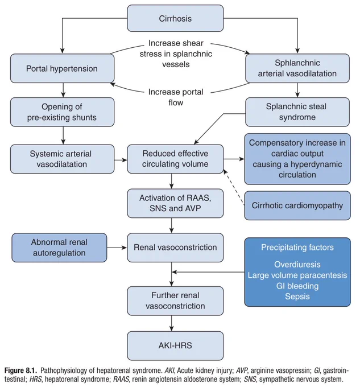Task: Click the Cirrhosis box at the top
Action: (x=175, y=18)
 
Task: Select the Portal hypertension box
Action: (x=62, y=68)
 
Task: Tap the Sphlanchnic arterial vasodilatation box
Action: (x=297, y=68)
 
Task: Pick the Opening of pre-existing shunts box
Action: (x=62, y=112)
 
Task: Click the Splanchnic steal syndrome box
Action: (x=297, y=112)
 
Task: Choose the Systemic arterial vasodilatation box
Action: (x=62, y=159)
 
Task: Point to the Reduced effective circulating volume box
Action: (x=175, y=159)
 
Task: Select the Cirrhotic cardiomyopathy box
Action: (x=297, y=205)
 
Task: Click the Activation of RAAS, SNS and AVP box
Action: (x=175, y=203)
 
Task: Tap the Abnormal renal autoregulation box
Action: (x=59, y=248)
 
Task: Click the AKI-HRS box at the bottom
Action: (x=175, y=345)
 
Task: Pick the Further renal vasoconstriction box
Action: (x=175, y=301)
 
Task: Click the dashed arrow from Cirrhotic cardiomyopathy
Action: (x=234, y=187)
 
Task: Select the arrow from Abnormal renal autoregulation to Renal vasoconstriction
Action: (x=117, y=248)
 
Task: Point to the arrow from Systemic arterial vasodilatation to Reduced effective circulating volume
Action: (x=121, y=160)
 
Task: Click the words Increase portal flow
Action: (x=176, y=97)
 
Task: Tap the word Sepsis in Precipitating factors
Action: (x=297, y=297)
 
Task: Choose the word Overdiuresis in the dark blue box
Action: (x=297, y=265)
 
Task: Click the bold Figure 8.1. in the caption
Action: (x=20, y=370)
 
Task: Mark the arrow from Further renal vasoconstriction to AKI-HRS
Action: (x=172, y=323)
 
